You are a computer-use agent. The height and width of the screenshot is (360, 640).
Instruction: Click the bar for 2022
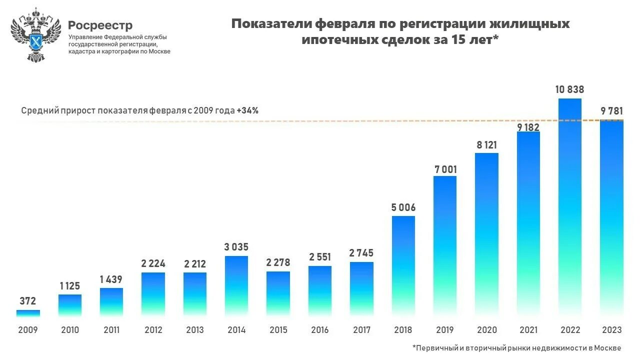[x=569, y=207]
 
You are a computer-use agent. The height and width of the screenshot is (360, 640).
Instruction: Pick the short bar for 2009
[x=28, y=313]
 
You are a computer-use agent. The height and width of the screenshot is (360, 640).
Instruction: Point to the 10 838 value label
[x=569, y=90]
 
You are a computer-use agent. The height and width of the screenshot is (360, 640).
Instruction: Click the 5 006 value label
[x=403, y=207]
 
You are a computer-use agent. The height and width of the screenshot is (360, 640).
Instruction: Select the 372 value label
[x=28, y=301]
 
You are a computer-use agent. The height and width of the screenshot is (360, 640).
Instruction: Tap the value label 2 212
[x=195, y=264]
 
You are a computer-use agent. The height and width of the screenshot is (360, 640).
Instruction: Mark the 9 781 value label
[x=611, y=111]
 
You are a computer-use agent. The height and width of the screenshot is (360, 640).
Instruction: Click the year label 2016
[x=319, y=330]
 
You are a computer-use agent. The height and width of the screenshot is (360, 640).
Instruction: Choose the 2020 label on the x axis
[x=486, y=330]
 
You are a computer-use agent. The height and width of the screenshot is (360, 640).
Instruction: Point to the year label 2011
[x=111, y=330]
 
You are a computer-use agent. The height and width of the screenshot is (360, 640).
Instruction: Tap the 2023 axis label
[x=611, y=330]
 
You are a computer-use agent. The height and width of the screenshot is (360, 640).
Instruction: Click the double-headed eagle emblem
[x=35, y=35]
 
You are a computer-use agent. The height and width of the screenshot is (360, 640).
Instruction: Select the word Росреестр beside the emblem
[x=100, y=25]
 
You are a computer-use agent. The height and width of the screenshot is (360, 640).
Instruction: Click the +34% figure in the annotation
[x=247, y=110]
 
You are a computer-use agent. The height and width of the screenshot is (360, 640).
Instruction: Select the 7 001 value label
[x=445, y=169]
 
